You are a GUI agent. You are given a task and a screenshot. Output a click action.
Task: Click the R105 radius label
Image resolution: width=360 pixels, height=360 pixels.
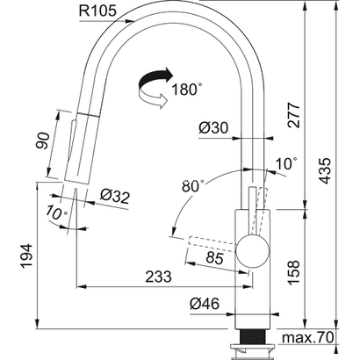97,11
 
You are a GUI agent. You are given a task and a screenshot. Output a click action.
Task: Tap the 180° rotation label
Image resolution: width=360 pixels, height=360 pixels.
186,89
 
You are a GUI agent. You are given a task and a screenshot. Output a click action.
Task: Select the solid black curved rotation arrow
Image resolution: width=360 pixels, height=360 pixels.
155,78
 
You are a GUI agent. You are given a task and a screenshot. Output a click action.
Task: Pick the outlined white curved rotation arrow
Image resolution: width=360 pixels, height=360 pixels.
152,97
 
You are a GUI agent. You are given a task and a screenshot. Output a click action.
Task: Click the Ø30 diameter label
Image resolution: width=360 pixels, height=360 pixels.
213,127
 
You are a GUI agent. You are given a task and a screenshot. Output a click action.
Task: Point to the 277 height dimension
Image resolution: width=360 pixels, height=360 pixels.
293,115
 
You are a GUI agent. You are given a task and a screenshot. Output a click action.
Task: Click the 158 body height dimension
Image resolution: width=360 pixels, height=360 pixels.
293,272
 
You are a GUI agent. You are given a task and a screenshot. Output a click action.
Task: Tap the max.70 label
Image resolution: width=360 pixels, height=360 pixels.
307,337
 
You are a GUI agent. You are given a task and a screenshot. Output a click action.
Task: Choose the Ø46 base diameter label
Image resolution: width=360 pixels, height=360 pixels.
205,304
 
